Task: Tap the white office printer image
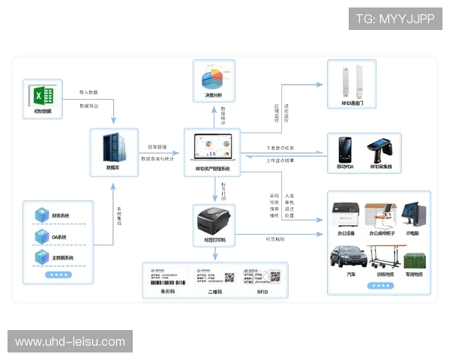pos(346,214)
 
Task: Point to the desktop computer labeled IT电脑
pos(414,212)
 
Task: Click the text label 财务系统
pos(61,217)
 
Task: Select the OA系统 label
pos(59,238)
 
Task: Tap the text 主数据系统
pos(62,258)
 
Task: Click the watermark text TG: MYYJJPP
pos(394,19)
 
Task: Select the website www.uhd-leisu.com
pos(70,342)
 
